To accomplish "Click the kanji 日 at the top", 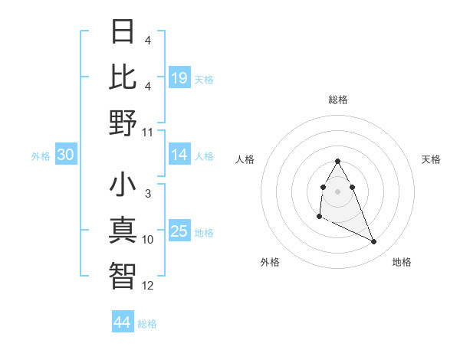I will [x=123, y=31].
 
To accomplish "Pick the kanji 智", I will [x=123, y=276].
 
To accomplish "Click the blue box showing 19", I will [x=179, y=77].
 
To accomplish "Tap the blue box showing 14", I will [x=179, y=155].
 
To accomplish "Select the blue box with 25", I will [x=179, y=231].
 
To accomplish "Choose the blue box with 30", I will [x=66, y=155].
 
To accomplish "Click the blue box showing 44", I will [x=122, y=322].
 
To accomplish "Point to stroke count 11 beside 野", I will [x=148, y=132].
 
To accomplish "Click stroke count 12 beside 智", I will [x=148, y=286].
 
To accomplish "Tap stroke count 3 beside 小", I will [x=148, y=195].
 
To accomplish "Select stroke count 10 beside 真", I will [x=148, y=240].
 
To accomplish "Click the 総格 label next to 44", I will [x=147, y=324].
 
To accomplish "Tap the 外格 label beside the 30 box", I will [x=41, y=156].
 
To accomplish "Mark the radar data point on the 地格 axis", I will [x=374, y=242].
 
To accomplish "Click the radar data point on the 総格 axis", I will [x=338, y=161].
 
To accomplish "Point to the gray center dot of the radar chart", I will [x=338, y=191].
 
